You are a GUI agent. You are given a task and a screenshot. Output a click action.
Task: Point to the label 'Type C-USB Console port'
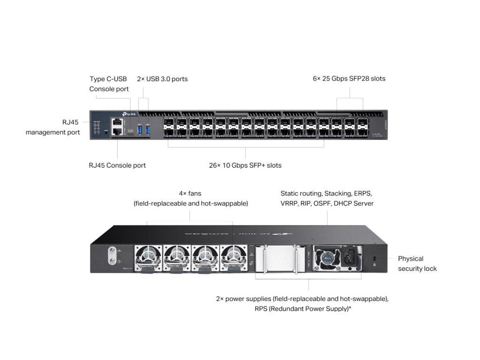coord(109,84)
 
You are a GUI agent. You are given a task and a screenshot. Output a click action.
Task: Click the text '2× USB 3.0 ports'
coord(162,79)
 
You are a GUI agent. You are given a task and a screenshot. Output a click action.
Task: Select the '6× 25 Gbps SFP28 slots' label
coord(349,78)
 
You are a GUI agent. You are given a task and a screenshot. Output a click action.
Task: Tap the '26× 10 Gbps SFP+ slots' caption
coord(245,165)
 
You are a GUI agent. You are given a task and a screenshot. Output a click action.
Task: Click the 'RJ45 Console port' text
coord(117,165)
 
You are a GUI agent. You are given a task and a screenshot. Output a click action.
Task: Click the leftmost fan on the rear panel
coord(149,257)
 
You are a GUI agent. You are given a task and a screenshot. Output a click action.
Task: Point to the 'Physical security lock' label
coord(417,263)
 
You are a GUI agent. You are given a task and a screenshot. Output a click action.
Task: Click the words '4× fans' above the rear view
coord(190,193)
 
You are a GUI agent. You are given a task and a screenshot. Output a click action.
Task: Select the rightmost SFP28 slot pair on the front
coord(363,128)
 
